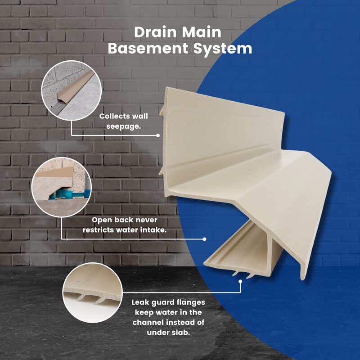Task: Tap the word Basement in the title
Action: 148,49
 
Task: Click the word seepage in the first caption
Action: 123,126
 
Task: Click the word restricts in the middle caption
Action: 99,230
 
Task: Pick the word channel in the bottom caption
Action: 148,322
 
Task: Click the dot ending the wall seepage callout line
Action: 158,135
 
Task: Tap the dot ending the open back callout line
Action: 204,239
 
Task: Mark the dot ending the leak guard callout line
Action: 240,281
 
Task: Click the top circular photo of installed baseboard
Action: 72,90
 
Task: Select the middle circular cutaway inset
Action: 62,187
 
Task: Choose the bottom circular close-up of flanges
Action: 92,293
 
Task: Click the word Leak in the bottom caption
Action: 140,302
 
